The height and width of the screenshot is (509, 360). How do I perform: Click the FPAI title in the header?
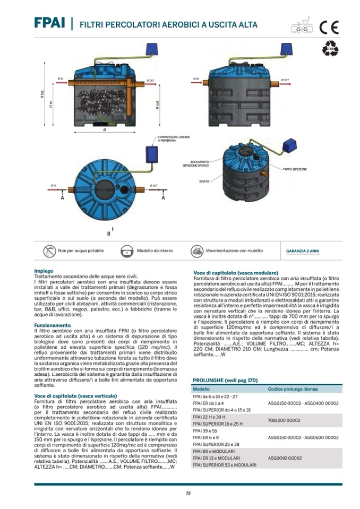(x=48, y=23)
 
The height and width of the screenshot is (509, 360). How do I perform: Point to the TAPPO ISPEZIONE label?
(x=295, y=169)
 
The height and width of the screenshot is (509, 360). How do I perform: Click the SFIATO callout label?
(x=204, y=180)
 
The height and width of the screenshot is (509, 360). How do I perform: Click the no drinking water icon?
(x=49, y=250)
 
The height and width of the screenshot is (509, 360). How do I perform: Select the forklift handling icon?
(x=197, y=250)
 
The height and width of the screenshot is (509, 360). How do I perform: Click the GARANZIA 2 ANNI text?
(x=303, y=251)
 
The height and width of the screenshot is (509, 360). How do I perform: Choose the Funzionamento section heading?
(x=52, y=324)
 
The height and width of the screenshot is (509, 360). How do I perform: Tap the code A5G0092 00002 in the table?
(x=285, y=458)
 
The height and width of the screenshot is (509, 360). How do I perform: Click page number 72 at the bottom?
(x=188, y=493)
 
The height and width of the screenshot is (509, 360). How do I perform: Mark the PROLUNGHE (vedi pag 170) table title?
(x=225, y=381)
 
